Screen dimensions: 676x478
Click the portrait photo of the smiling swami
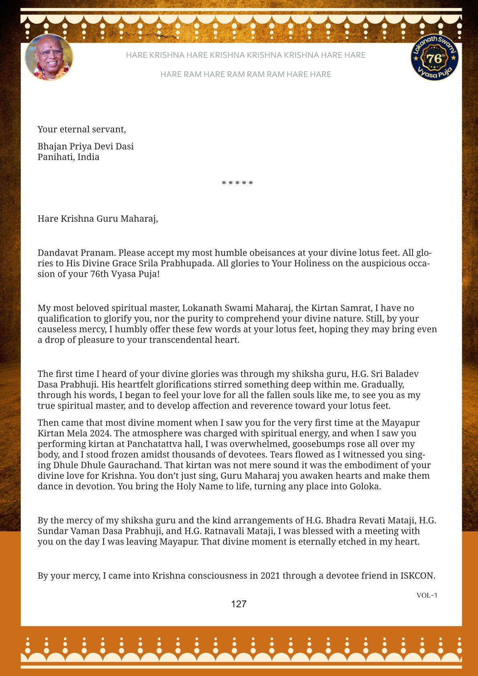(x=49, y=57)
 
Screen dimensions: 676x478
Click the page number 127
(x=239, y=604)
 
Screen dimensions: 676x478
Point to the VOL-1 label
(x=427, y=595)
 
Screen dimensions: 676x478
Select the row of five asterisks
(x=237, y=184)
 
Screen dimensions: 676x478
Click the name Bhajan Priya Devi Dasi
(x=86, y=146)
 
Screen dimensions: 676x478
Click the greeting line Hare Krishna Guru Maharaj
(x=98, y=219)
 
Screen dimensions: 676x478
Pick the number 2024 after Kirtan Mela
(x=100, y=433)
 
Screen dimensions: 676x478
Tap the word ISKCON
(x=417, y=576)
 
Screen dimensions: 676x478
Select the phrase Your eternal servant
(x=82, y=129)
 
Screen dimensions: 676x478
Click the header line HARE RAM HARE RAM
(x=245, y=74)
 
